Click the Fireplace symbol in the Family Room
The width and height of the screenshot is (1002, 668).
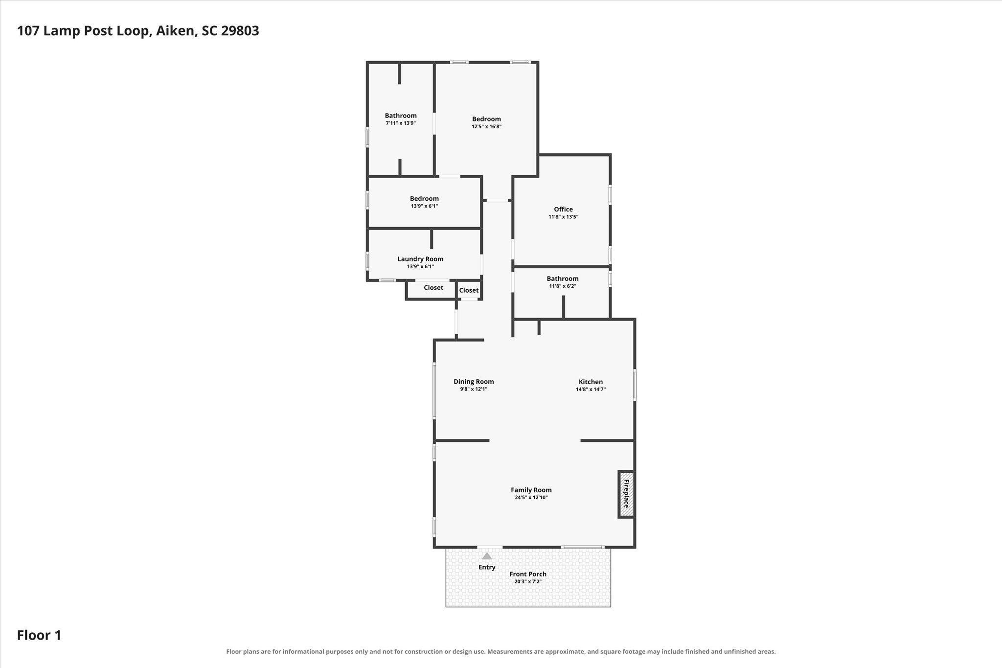(626, 494)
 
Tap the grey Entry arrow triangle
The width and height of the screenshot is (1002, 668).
(487, 556)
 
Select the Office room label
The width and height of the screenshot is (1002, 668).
(563, 209)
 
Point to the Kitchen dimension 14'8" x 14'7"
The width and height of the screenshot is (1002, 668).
(591, 390)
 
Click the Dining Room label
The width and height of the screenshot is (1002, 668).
(474, 382)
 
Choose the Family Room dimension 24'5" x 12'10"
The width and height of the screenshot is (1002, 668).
(531, 498)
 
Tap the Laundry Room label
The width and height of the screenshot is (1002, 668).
(420, 259)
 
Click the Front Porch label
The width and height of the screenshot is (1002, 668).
(528, 574)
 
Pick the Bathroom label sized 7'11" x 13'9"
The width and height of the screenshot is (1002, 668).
(401, 115)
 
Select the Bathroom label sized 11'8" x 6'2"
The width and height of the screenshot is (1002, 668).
(563, 278)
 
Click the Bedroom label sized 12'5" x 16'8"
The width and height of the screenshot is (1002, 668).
(486, 119)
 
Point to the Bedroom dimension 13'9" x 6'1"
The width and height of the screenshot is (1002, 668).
(424, 207)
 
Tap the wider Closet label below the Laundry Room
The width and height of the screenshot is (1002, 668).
(433, 288)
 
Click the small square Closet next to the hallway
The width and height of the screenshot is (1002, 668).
(469, 290)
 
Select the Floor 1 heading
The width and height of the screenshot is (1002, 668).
(39, 635)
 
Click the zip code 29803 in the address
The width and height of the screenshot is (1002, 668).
(240, 31)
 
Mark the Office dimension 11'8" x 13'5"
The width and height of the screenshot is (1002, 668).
(563, 217)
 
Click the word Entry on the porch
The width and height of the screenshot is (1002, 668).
(487, 567)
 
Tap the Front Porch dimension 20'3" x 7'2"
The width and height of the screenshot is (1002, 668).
(528, 582)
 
